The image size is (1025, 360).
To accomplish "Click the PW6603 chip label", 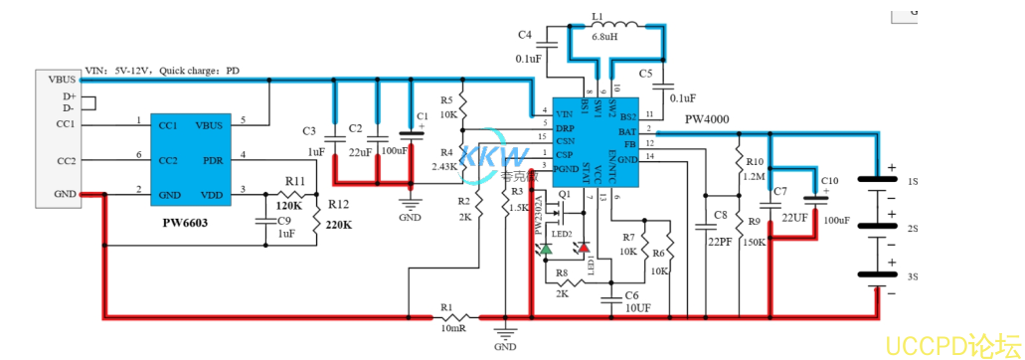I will (x=185, y=224).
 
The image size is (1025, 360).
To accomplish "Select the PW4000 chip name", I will (x=706, y=119).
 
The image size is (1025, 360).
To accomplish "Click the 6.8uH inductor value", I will (x=604, y=37).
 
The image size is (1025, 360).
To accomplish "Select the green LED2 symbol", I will (x=547, y=247).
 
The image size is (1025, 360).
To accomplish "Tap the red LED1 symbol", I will (x=584, y=247).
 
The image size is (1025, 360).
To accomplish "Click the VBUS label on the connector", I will (x=56, y=79).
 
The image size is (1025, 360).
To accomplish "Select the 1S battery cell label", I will (x=913, y=182).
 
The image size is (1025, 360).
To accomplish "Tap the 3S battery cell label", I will (x=913, y=275).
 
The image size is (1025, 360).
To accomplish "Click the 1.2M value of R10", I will (x=753, y=176).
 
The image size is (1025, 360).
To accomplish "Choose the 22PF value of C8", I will (x=720, y=242).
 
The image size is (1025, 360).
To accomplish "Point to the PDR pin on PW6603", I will (x=212, y=160).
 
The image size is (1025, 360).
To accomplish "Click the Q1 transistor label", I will (x=564, y=193).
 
